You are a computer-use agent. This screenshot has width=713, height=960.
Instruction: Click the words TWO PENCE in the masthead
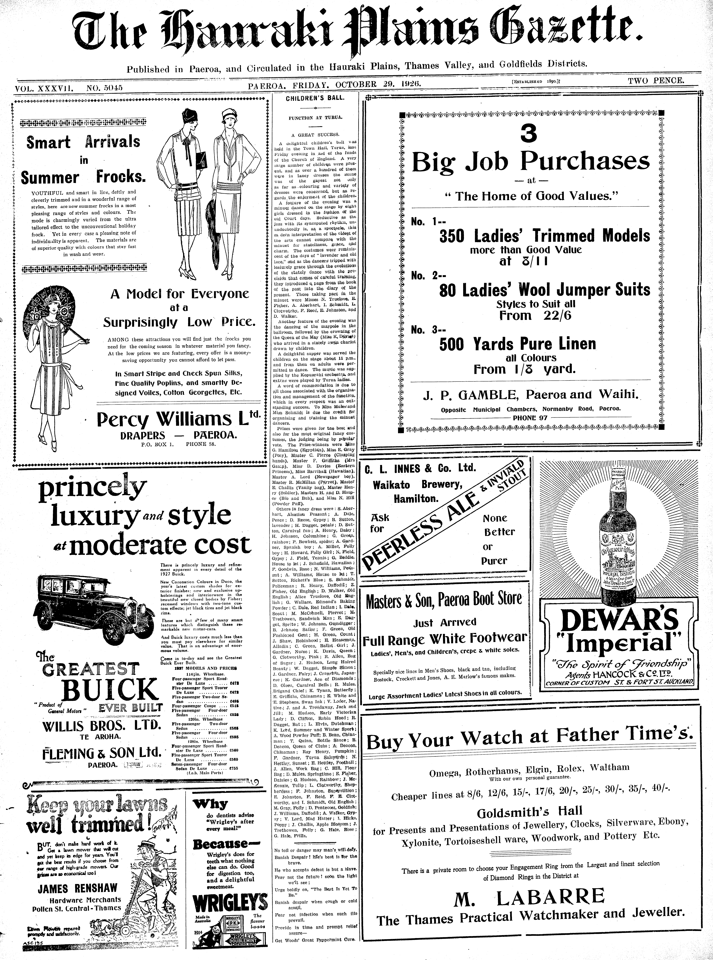(x=656, y=80)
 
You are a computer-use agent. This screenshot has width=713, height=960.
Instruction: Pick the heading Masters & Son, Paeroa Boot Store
(x=443, y=600)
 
